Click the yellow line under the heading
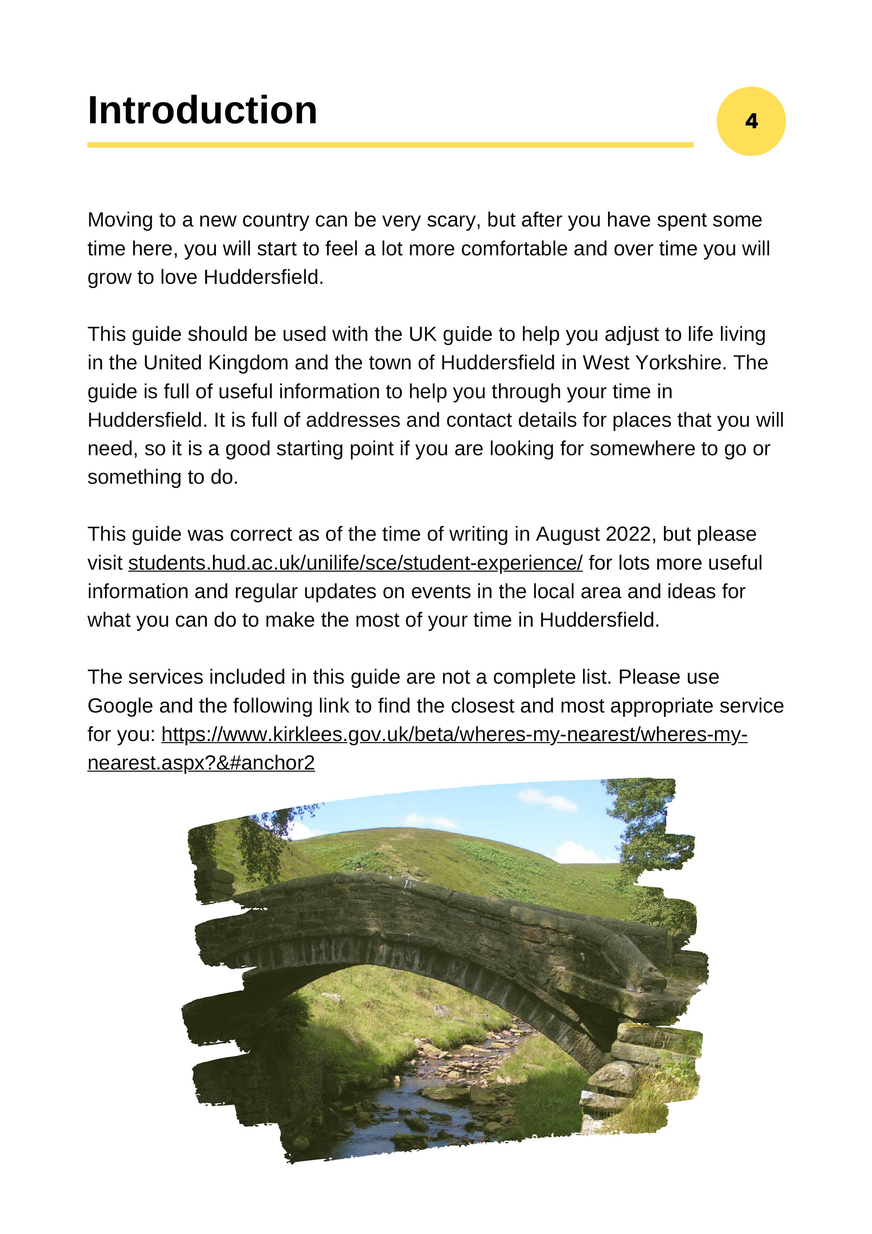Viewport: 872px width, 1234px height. point(390,145)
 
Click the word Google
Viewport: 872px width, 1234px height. point(120,706)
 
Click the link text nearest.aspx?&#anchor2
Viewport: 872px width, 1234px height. point(201,763)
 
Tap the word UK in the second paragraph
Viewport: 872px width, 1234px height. point(422,334)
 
